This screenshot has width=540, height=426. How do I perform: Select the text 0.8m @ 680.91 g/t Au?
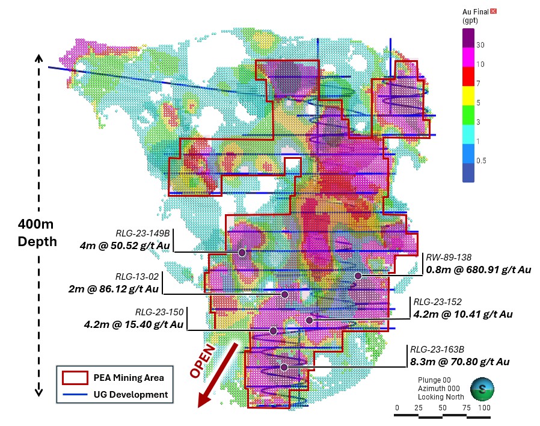click(479, 270)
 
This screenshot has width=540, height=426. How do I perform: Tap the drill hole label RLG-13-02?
click(137, 277)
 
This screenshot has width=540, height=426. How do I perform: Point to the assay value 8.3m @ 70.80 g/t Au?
click(460, 362)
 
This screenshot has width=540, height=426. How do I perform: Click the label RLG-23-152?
click(435, 302)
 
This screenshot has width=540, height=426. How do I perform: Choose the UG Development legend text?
click(130, 395)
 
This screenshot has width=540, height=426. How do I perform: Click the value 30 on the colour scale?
click(480, 45)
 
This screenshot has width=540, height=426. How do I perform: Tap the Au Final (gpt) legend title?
click(474, 16)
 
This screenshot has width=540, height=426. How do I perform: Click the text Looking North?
click(439, 398)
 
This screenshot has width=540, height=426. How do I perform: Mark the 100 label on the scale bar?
click(484, 409)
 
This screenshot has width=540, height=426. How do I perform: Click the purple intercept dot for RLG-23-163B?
click(284, 367)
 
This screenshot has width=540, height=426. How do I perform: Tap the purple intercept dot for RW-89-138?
click(358, 276)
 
